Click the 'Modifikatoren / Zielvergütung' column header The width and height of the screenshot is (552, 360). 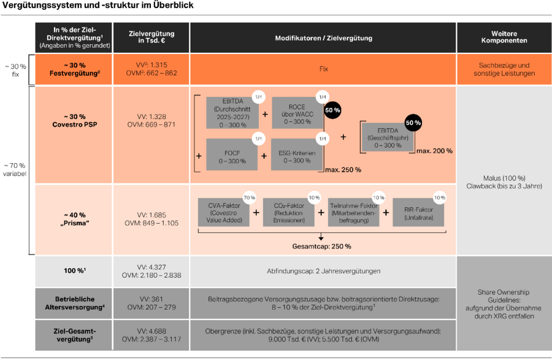click(323, 38)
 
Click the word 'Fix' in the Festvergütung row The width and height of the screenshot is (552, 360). click(323, 69)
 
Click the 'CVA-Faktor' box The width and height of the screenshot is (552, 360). click(223, 212)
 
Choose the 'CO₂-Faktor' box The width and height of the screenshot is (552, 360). click(288, 212)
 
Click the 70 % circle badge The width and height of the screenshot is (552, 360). click(249, 198)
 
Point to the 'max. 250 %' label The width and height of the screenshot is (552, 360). click(343, 169)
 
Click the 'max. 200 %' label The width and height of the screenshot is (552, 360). click(434, 151)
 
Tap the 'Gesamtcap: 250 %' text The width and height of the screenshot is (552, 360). click(321, 246)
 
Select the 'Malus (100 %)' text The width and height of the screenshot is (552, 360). click(504, 178)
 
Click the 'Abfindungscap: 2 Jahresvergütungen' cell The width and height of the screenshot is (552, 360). click(323, 270)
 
